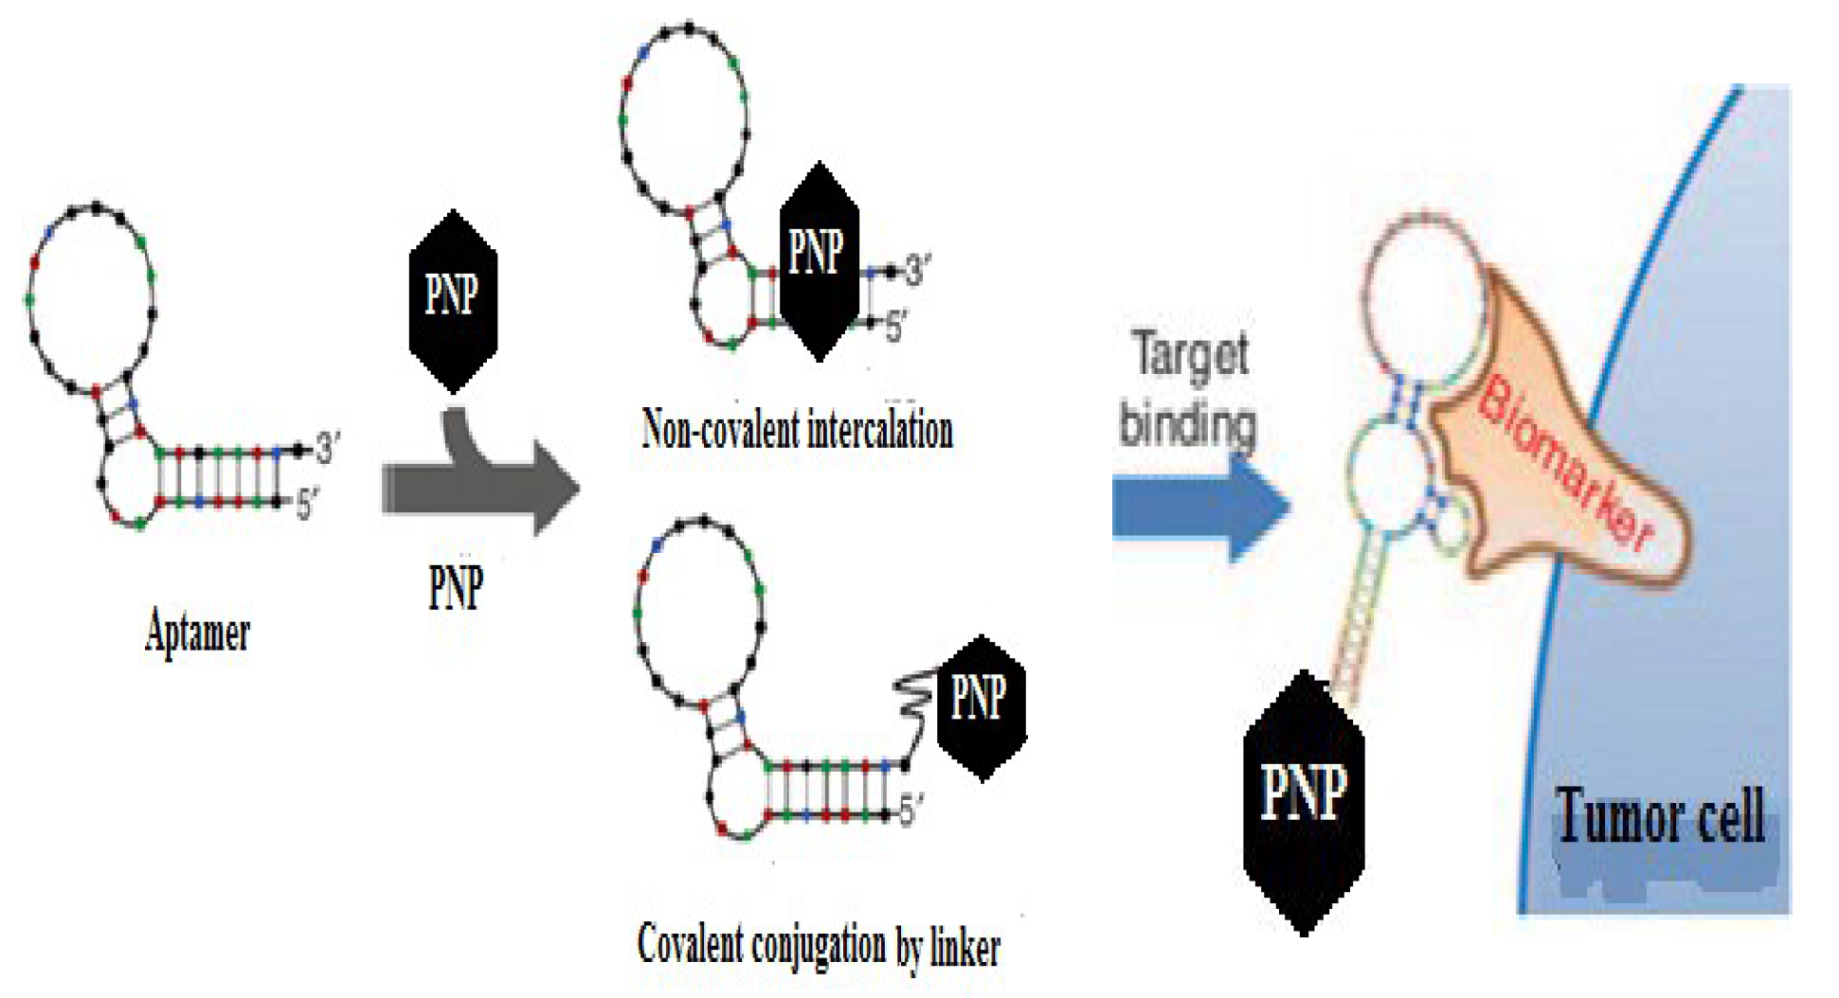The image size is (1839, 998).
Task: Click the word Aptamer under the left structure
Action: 197,632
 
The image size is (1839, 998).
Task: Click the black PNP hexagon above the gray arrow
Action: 453,299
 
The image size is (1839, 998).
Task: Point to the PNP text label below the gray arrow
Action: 456,587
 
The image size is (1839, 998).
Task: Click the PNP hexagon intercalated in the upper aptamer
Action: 818,259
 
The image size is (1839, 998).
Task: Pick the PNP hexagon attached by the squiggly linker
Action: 981,705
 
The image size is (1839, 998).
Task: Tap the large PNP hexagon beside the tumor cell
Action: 1304,800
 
